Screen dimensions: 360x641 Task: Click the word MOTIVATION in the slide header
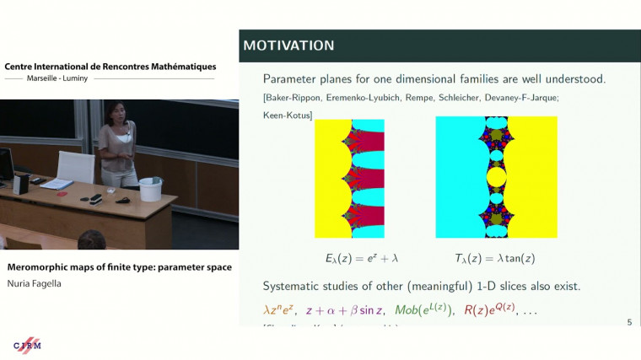[x=288, y=45]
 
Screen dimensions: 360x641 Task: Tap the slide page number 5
[x=629, y=322]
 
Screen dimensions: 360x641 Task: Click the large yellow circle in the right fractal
[x=496, y=177]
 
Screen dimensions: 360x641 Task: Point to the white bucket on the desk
[x=150, y=189]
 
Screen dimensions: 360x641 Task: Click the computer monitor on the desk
[x=6, y=164]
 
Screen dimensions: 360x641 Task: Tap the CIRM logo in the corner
[x=27, y=346]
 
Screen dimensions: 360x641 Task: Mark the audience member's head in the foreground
[x=91, y=241]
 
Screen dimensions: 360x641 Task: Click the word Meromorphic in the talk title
[x=39, y=267]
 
